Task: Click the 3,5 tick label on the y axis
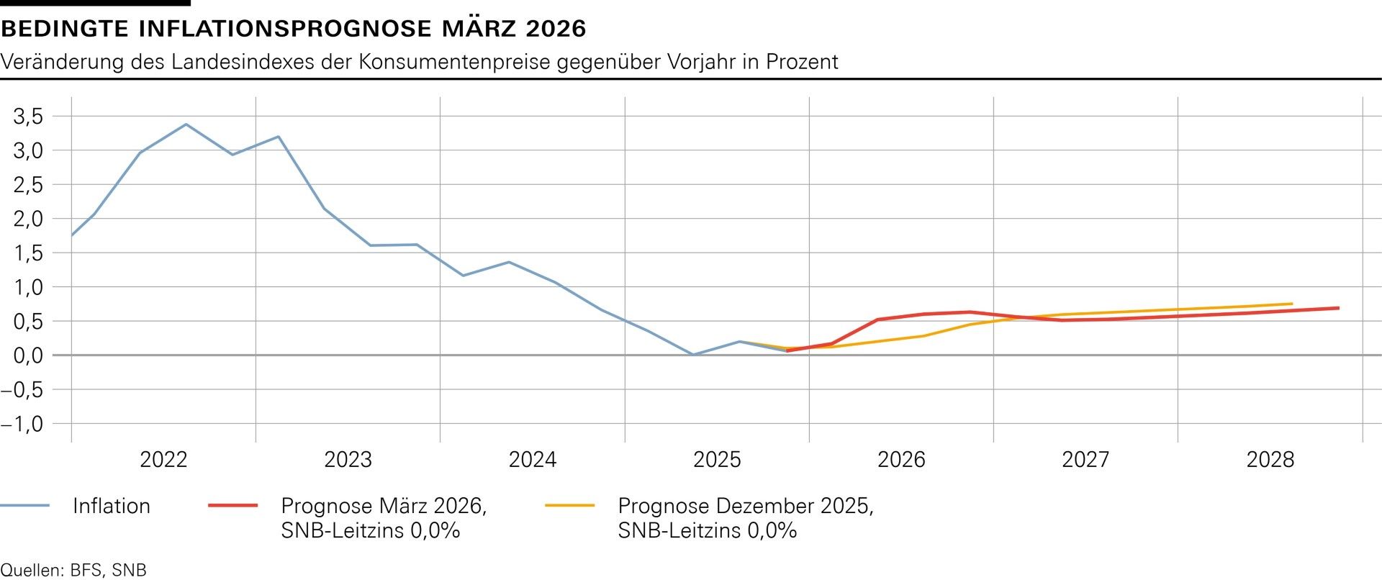[28, 116]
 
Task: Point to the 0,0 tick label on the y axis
[28, 355]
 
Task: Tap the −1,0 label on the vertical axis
[22, 424]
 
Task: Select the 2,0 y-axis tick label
[28, 219]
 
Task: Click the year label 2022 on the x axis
[163, 460]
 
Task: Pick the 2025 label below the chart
[717, 460]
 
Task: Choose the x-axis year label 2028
[1270, 460]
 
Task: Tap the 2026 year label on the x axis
[901, 460]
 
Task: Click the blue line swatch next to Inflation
[24, 506]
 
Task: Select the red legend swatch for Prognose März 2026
[232, 506]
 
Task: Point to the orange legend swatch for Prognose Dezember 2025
[570, 506]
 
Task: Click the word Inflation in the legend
[112, 506]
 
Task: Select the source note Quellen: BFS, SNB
[73, 571]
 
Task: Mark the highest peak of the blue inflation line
[186, 124]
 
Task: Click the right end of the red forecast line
[1338, 308]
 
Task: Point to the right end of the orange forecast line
[1292, 304]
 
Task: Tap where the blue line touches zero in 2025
[692, 355]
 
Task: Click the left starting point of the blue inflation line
[72, 235]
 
